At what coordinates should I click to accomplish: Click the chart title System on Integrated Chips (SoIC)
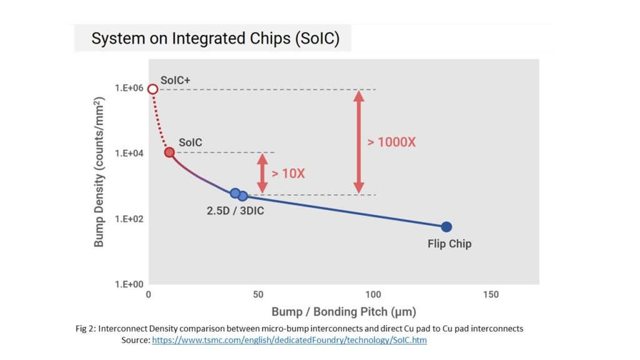(x=215, y=39)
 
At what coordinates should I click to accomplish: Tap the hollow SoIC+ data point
(x=152, y=89)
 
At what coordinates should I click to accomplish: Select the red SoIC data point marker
(x=169, y=152)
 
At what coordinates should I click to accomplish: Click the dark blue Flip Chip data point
(x=446, y=227)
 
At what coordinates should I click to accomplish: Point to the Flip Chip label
(x=449, y=244)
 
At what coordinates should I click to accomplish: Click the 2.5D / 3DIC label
(x=235, y=211)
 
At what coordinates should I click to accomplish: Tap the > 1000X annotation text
(x=391, y=142)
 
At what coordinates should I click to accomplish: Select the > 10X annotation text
(x=288, y=173)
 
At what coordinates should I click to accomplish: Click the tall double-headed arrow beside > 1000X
(x=358, y=142)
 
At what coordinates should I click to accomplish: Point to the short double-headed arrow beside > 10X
(x=262, y=173)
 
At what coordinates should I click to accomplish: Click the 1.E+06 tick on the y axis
(x=128, y=89)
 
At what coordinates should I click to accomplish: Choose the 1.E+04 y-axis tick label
(x=128, y=153)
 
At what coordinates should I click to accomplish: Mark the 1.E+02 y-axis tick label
(x=128, y=219)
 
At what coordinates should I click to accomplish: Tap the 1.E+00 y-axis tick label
(x=128, y=284)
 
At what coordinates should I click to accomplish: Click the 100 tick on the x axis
(x=372, y=294)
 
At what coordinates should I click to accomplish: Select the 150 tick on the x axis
(x=491, y=294)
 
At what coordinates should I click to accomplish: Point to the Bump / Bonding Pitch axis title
(x=344, y=311)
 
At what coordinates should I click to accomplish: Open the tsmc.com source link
(x=289, y=341)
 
